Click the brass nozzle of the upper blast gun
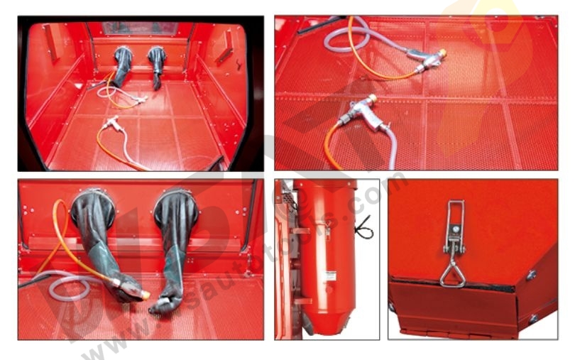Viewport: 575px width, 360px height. tap(442, 53)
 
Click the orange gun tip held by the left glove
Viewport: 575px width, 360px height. tap(146, 294)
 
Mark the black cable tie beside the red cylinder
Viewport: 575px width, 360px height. tap(363, 229)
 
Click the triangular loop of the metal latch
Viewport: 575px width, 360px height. tap(451, 273)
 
